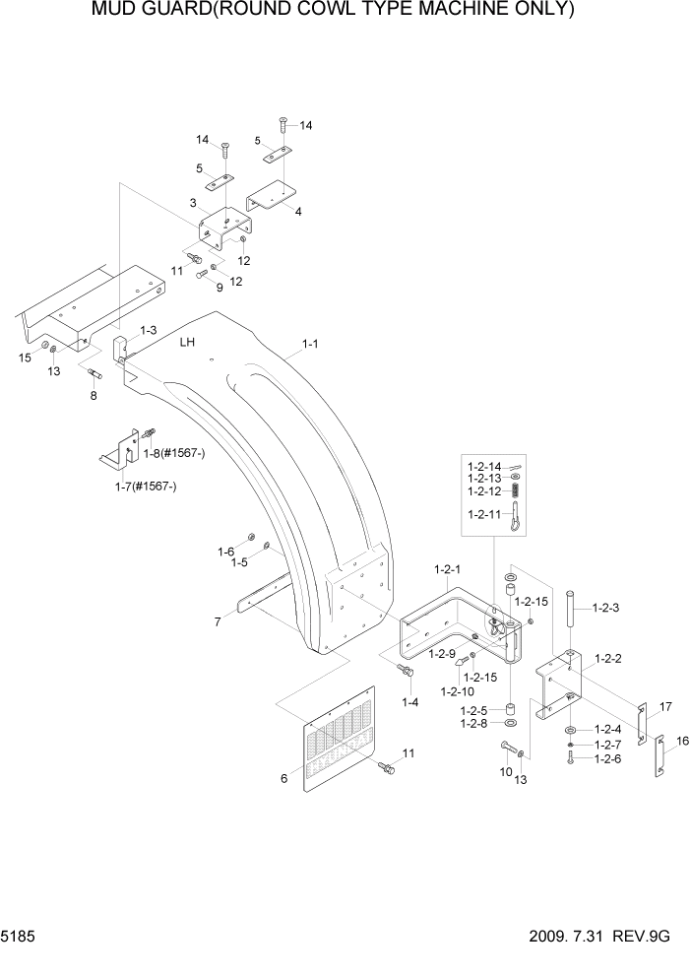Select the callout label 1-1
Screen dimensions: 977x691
pyautogui.click(x=309, y=345)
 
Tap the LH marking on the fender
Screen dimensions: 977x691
pyautogui.click(x=188, y=343)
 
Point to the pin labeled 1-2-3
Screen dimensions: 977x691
pyautogui.click(x=570, y=628)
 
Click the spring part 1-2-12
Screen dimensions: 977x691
pyautogui.click(x=515, y=490)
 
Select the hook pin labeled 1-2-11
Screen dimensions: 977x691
pyautogui.click(x=515, y=518)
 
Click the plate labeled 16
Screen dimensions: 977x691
pyautogui.click(x=659, y=759)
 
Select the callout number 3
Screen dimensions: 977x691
pyautogui.click(x=195, y=203)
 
